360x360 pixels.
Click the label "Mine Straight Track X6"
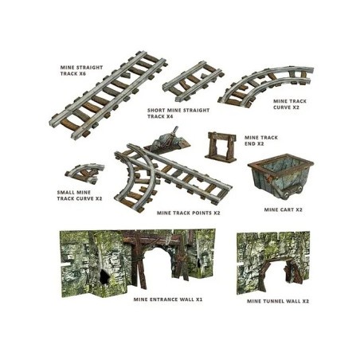point(81,71)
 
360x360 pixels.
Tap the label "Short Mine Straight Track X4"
point(178,113)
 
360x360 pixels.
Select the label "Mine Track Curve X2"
point(290,104)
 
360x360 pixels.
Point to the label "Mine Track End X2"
point(261,140)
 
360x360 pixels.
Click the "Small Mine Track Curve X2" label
point(80,195)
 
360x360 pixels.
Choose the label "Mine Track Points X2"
point(188,213)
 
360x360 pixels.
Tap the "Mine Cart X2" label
point(283,209)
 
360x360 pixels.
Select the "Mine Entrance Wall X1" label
point(168,299)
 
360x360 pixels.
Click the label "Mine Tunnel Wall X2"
point(278,301)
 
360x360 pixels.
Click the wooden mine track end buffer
point(221,147)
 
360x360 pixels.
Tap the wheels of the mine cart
point(293,194)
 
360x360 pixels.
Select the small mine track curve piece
point(85,173)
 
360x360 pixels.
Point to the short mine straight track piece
point(194,81)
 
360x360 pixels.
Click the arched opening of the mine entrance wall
point(157,264)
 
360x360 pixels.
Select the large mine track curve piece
point(266,85)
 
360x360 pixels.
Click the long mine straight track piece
point(108,95)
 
